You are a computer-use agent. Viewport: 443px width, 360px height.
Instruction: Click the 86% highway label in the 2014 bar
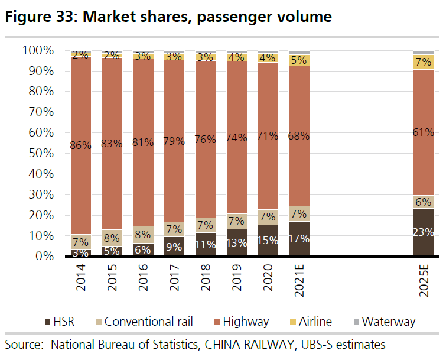pos(80,145)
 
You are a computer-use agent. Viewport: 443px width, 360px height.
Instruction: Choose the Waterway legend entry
pos(387,322)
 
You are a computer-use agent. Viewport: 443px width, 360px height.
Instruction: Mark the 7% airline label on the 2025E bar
pos(424,61)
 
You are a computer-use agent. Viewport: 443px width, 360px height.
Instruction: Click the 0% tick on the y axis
pos(46,256)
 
